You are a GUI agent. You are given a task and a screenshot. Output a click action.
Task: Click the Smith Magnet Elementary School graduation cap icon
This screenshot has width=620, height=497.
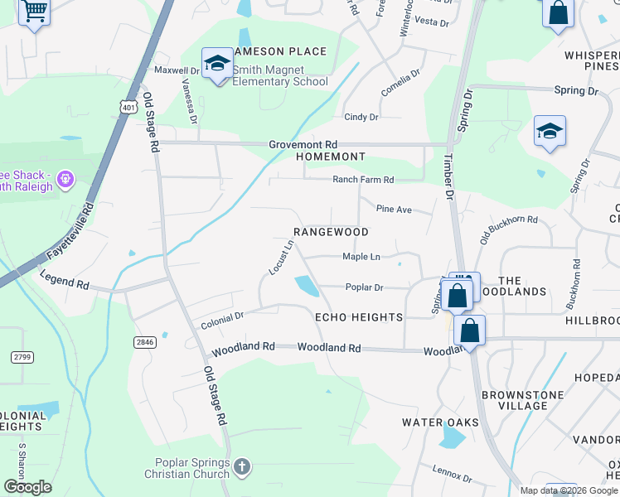tap(217, 63)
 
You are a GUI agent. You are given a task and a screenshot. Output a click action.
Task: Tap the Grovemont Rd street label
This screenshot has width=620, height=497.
tap(303, 144)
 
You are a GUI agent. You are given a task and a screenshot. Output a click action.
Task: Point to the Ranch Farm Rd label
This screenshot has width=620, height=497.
tap(363, 180)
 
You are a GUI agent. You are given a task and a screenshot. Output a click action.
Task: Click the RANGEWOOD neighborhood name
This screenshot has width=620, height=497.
tap(331, 232)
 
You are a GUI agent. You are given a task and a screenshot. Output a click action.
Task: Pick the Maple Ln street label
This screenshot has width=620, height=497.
tap(361, 257)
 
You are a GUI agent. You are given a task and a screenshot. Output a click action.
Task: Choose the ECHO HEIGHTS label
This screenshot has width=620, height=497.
tap(358, 317)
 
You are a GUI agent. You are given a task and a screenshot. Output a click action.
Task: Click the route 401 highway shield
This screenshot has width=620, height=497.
tap(128, 107)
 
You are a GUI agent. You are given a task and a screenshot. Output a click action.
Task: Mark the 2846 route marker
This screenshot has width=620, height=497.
tap(145, 341)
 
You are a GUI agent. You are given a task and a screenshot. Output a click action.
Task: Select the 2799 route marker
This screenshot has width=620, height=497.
tap(22, 357)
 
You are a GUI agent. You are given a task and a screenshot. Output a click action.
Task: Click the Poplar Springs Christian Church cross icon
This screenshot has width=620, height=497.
tap(241, 468)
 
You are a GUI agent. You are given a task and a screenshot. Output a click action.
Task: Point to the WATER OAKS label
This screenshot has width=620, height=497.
tap(440, 422)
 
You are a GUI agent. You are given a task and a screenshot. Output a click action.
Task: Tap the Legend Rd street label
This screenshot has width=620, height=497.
tap(64, 283)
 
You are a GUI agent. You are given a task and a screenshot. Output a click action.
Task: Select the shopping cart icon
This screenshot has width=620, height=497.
tap(34, 12)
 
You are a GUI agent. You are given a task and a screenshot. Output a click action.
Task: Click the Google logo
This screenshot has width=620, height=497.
tap(27, 486)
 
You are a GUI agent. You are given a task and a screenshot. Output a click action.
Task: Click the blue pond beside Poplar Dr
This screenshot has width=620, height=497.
tap(306, 287)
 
